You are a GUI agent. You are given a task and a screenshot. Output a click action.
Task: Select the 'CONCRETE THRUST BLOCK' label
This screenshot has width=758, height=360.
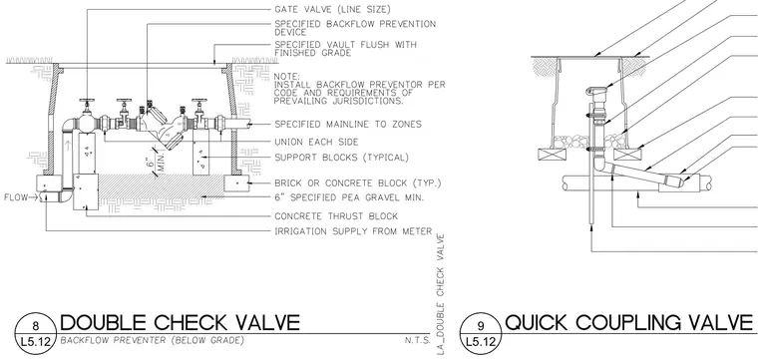click(x=336, y=216)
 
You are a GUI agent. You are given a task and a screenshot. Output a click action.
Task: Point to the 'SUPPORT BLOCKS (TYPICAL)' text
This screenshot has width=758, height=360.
click(x=342, y=158)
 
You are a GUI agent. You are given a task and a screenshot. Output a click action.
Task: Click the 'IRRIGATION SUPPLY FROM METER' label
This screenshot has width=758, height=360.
click(x=353, y=231)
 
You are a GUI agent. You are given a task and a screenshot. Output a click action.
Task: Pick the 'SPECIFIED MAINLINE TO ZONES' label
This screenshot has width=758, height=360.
click(x=348, y=125)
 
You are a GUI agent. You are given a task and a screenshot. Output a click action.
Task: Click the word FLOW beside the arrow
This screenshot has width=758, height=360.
click(x=16, y=197)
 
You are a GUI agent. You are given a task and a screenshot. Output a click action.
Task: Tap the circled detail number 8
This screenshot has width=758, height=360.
click(x=35, y=325)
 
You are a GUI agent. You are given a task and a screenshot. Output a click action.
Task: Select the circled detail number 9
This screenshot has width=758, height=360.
click(x=481, y=325)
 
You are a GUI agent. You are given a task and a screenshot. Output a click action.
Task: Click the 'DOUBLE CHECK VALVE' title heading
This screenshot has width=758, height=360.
click(x=180, y=322)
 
